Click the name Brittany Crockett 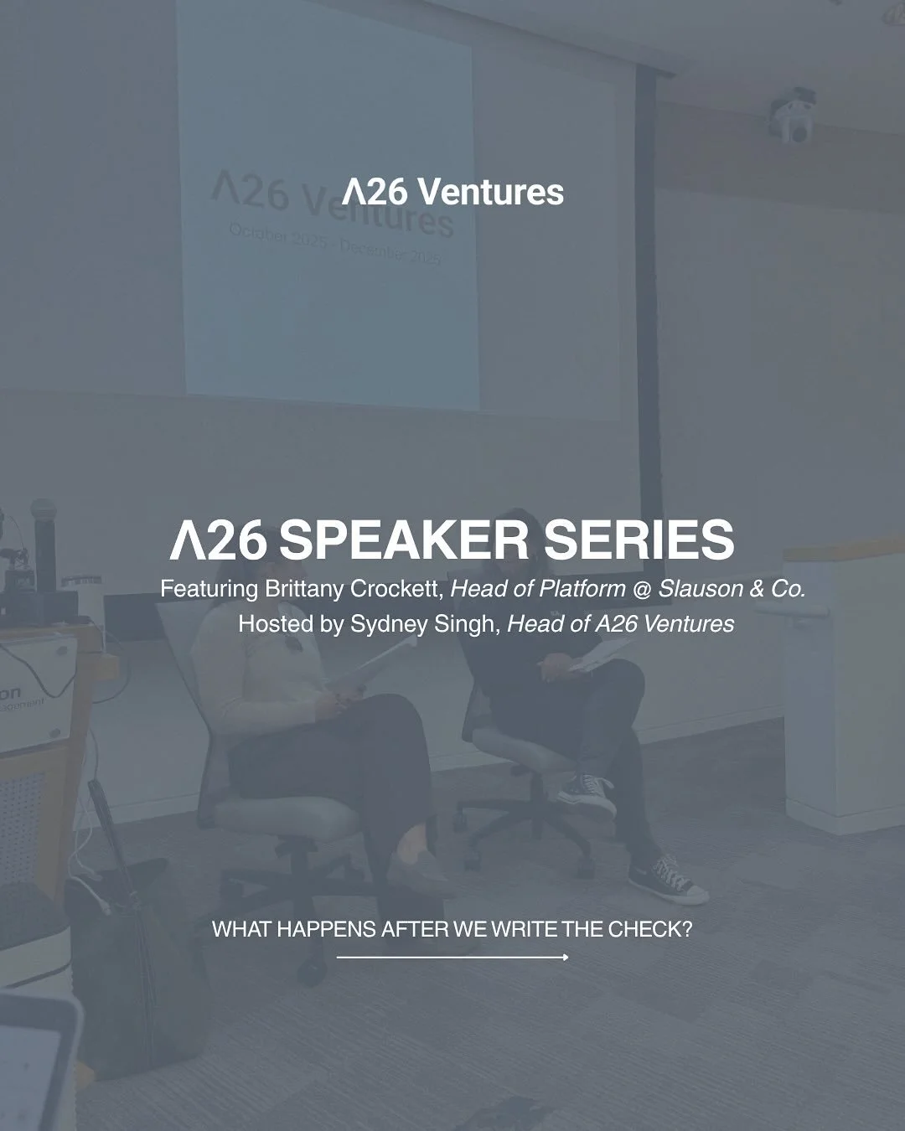point(352,589)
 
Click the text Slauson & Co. point(732,589)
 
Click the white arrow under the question point(452,957)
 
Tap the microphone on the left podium point(44,536)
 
